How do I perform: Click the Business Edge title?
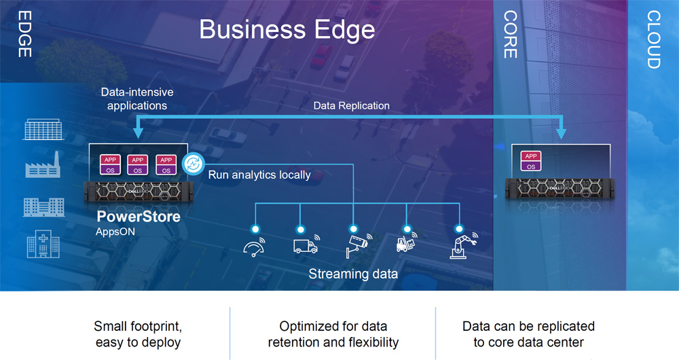[x=287, y=29]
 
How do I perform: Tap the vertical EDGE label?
[x=24, y=34]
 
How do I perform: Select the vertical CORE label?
[x=510, y=35]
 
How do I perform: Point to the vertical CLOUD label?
[x=653, y=39]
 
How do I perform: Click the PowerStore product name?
[x=138, y=216]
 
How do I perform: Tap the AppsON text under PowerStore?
[x=115, y=232]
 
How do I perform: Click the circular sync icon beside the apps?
[x=193, y=164]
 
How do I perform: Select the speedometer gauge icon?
[x=255, y=247]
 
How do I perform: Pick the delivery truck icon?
[x=306, y=245]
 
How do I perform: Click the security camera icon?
[x=359, y=246]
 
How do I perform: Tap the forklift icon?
[x=406, y=243]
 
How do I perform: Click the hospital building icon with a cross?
[x=43, y=244]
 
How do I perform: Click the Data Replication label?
[x=351, y=106]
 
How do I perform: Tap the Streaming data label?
[x=353, y=274]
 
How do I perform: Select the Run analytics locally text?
[x=259, y=175]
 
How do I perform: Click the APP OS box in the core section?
[x=531, y=161]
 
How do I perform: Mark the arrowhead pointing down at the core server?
[x=562, y=134]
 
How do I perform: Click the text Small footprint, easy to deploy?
[x=138, y=334]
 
